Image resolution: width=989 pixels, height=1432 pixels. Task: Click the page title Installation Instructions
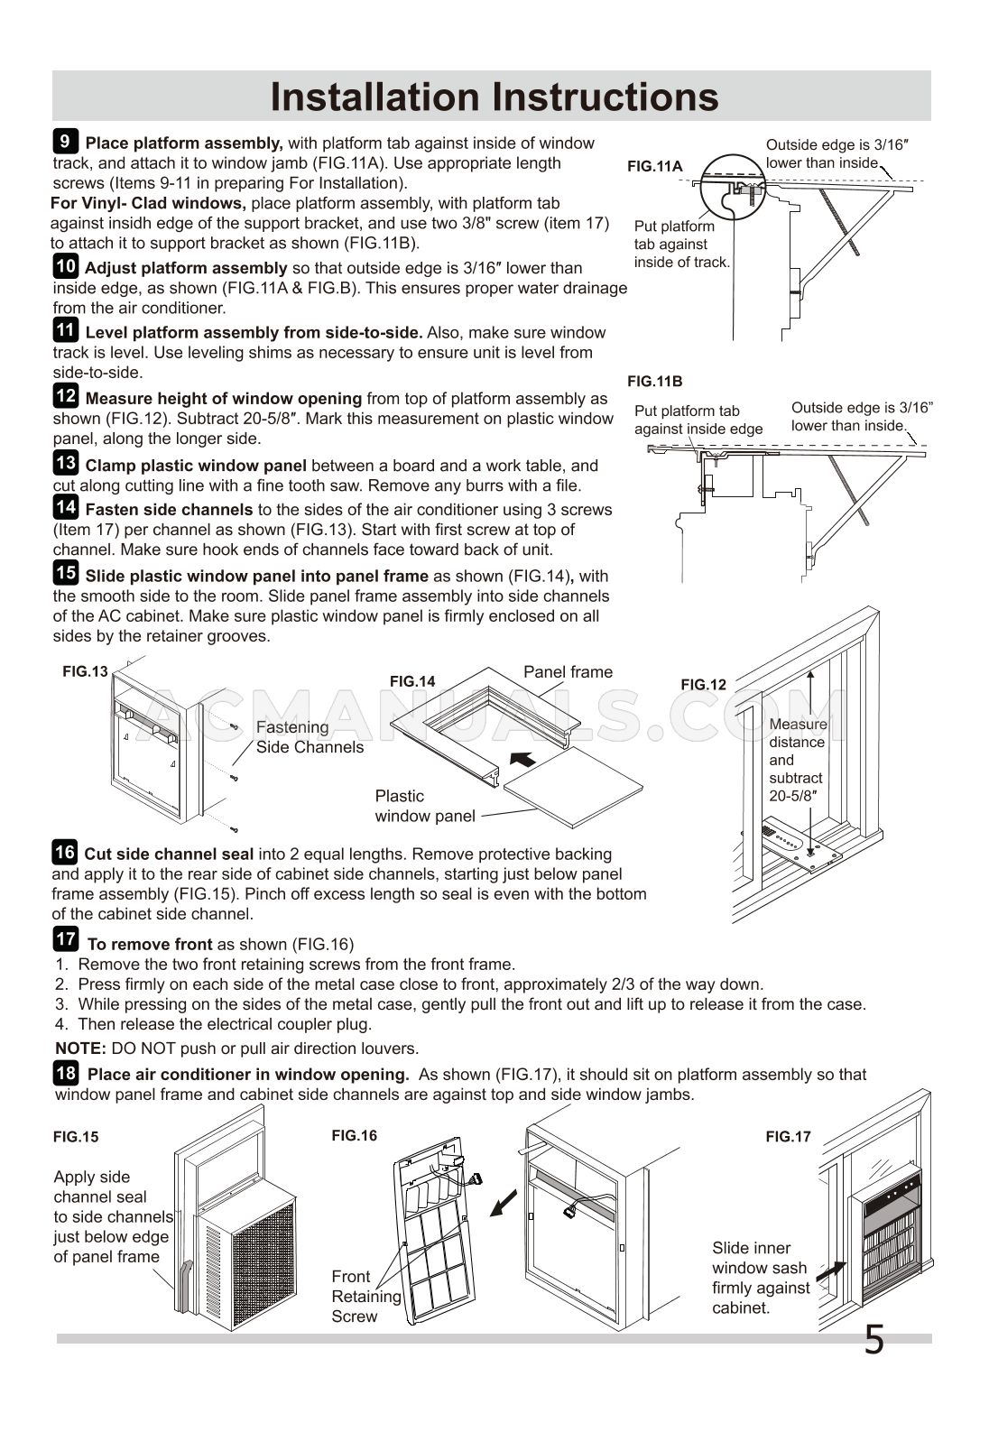pos(494,97)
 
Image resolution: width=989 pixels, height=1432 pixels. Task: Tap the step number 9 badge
pos(65,142)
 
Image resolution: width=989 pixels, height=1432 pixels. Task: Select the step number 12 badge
pos(65,395)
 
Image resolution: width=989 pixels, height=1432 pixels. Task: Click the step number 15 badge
pos(65,573)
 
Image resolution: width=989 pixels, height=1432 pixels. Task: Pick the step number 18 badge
pos(65,1073)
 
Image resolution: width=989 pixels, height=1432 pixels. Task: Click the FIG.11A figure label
pos(655,166)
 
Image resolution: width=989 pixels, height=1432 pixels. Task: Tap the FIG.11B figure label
pos(655,381)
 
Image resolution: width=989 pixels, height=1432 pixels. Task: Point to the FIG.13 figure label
pos(85,671)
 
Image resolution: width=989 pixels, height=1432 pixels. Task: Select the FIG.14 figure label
pos(412,681)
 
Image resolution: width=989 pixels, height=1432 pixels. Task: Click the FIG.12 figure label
pos(703,685)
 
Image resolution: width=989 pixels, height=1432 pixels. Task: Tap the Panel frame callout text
pos(568,671)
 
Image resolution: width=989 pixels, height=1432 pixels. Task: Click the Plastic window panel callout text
pos(424,806)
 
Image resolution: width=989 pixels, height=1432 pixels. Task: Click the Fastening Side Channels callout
pos(310,736)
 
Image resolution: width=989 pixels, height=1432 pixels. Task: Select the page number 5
pos(873,1340)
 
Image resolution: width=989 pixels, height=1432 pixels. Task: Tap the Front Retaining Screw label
pos(365,1296)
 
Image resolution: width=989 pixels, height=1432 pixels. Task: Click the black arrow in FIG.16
pos(504,1204)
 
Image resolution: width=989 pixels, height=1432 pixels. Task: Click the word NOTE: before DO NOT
pos(81,1049)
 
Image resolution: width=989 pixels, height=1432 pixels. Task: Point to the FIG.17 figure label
pos(789,1136)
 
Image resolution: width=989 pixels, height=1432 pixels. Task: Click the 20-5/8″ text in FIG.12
pos(793,796)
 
